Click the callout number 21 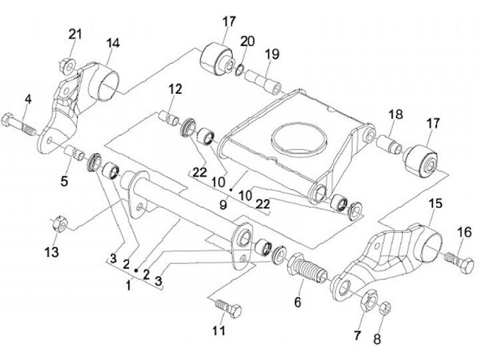75,34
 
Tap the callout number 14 112,43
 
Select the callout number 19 272,54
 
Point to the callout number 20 247,41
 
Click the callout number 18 396,114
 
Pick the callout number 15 436,203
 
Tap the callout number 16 464,232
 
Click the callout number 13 52,252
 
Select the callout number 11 219,330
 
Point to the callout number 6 297,302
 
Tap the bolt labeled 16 460,263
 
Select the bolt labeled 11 228,308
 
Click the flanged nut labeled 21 67,66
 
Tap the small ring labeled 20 239,70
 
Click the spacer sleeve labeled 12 169,118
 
